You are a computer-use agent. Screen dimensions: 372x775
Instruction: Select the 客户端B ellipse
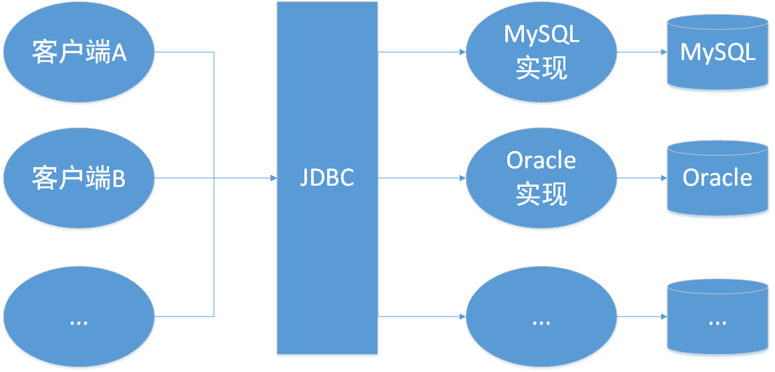(79, 178)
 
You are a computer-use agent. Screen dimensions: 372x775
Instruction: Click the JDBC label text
(327, 178)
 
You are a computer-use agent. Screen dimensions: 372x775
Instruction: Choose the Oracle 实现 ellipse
(541, 178)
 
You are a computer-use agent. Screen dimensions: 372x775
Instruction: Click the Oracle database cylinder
(718, 178)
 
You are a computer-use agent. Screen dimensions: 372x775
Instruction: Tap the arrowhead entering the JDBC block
(273, 178)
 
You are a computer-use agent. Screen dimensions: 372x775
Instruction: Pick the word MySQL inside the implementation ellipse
(541, 35)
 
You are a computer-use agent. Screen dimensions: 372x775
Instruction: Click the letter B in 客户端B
(118, 179)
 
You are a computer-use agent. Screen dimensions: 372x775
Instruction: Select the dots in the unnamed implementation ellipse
(541, 322)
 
